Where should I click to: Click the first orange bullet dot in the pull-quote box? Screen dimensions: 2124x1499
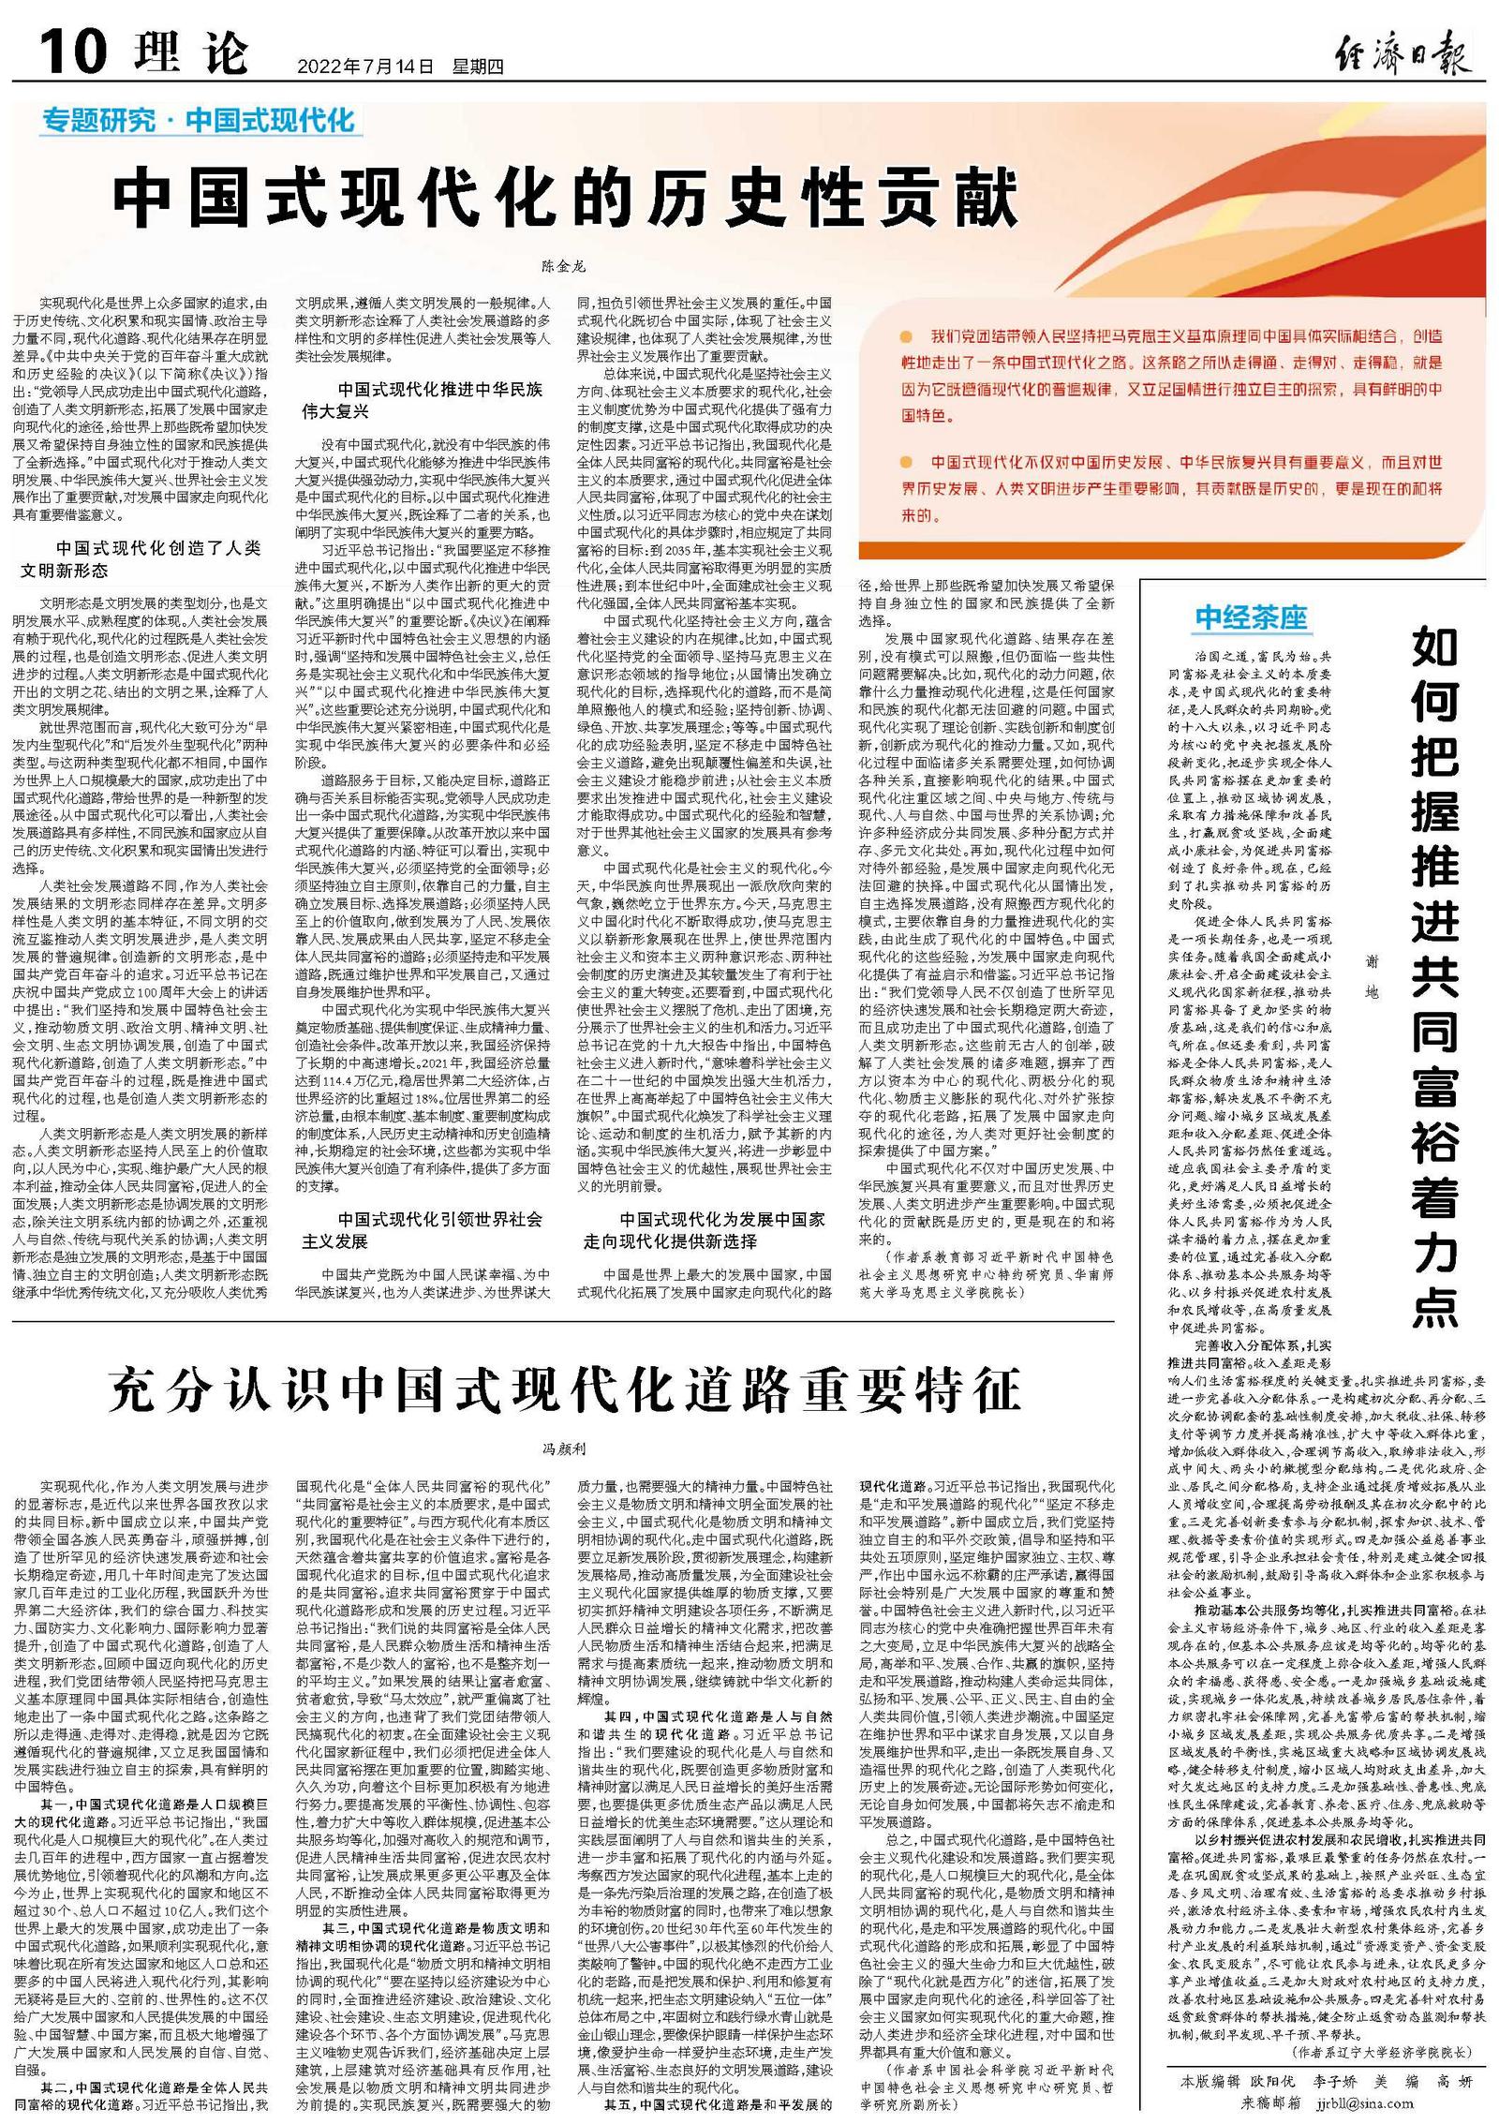(x=905, y=335)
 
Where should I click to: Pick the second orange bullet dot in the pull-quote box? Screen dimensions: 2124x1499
(x=905, y=463)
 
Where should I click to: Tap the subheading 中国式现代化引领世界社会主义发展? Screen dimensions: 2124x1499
(x=423, y=1230)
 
